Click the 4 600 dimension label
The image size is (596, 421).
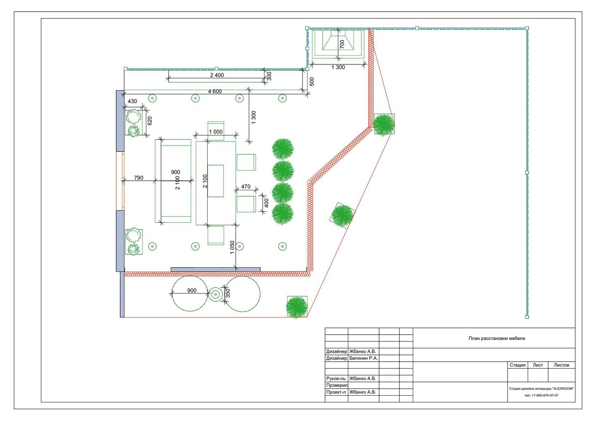(x=215, y=91)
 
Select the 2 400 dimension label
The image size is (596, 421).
(x=217, y=75)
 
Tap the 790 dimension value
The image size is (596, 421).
(x=139, y=178)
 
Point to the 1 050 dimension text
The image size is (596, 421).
(x=232, y=247)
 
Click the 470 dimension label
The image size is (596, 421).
(x=246, y=187)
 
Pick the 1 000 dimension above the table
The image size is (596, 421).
(x=216, y=132)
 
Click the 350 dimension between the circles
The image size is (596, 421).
(x=228, y=293)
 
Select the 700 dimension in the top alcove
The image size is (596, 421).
(x=342, y=44)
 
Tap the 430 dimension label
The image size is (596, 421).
(x=132, y=101)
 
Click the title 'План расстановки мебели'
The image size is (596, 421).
(x=497, y=338)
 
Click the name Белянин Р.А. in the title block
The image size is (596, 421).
(x=363, y=358)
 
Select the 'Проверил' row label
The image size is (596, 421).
(x=337, y=385)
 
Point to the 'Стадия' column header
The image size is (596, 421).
(x=517, y=365)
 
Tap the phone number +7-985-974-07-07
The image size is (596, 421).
(x=544, y=395)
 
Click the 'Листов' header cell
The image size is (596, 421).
(x=561, y=365)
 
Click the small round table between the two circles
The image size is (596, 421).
(x=216, y=294)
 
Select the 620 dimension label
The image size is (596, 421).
(x=150, y=121)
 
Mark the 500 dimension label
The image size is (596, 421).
(x=312, y=81)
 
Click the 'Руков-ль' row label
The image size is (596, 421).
(x=336, y=378)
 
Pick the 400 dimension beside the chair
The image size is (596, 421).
(x=266, y=203)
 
